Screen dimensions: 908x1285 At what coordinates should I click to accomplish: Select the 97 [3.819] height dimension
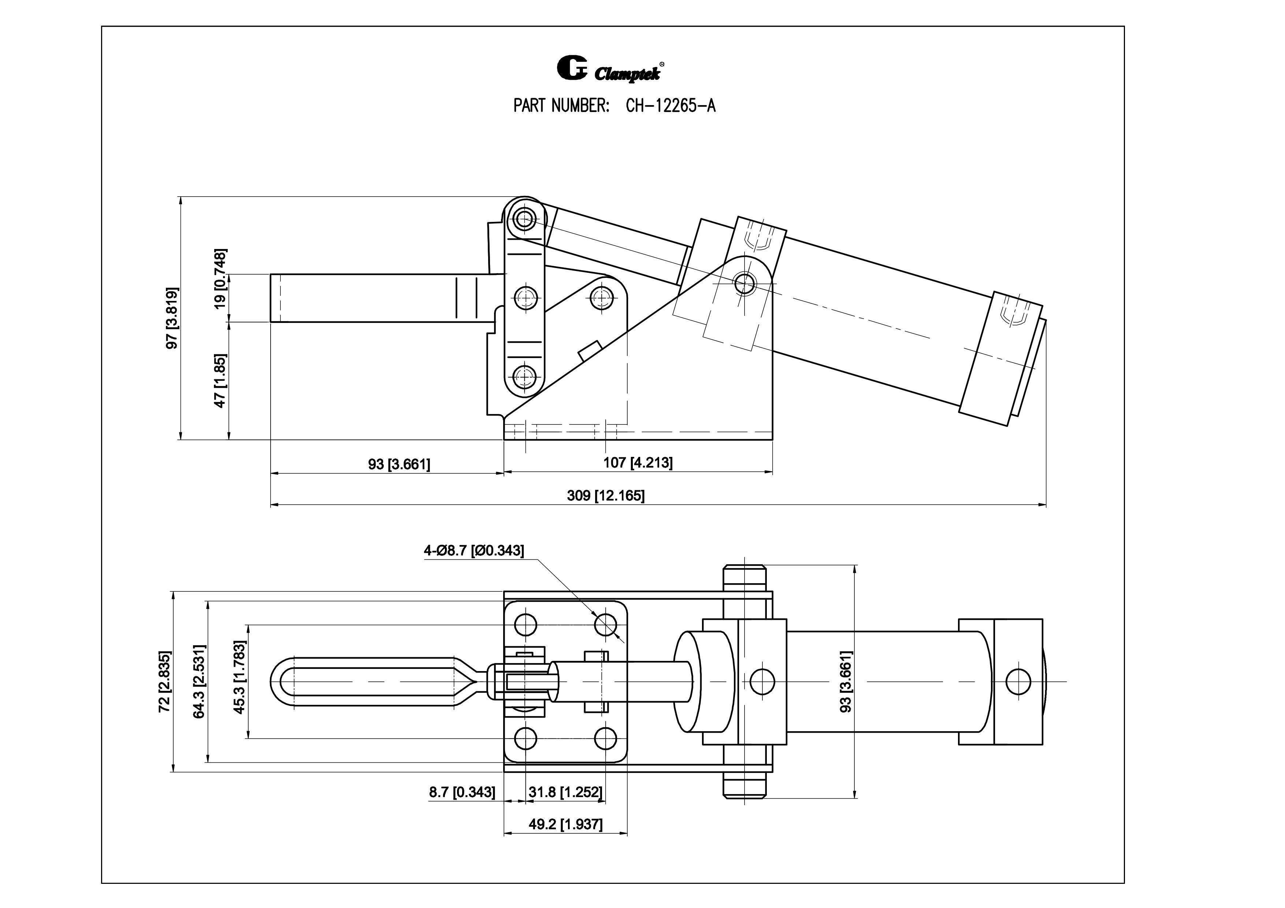click(172, 318)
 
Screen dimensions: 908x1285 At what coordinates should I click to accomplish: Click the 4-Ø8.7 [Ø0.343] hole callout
click(473, 551)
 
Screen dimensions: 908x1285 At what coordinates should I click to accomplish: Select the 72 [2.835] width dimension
click(164, 681)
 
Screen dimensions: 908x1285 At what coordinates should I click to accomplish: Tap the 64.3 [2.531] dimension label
click(199, 681)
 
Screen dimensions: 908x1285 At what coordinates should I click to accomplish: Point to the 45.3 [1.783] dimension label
click(239, 677)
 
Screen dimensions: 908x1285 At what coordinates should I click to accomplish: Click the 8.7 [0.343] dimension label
click(462, 792)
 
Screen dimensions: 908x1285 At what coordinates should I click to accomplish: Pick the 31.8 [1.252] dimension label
click(565, 792)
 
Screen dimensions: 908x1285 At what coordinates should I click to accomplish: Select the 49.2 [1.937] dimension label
click(565, 825)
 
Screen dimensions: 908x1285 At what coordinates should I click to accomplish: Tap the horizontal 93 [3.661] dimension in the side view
click(399, 464)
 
